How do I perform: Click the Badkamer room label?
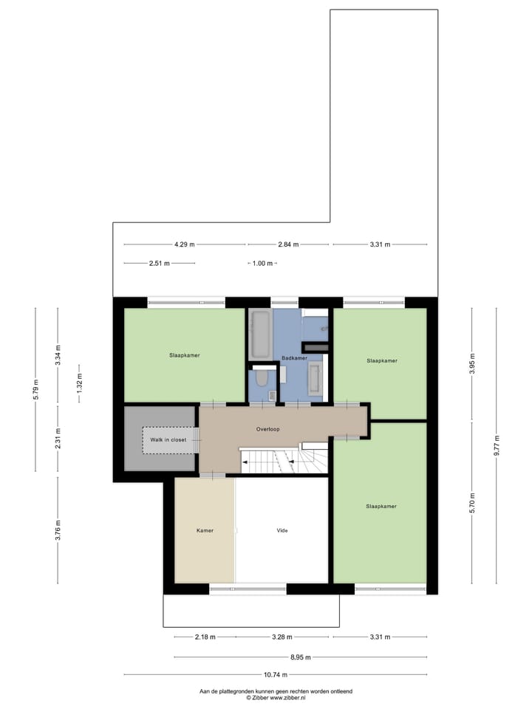tap(295, 358)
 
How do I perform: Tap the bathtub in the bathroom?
tap(260, 334)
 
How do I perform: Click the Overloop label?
tap(268, 429)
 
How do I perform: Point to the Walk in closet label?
tap(168, 439)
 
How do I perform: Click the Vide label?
tap(282, 530)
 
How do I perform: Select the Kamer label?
tap(205, 530)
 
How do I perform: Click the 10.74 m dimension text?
tap(276, 674)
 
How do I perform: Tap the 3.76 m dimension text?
tap(58, 530)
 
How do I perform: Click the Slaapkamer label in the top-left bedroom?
tap(184, 355)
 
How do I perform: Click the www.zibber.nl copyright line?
tap(276, 697)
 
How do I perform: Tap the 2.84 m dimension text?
tap(289, 244)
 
